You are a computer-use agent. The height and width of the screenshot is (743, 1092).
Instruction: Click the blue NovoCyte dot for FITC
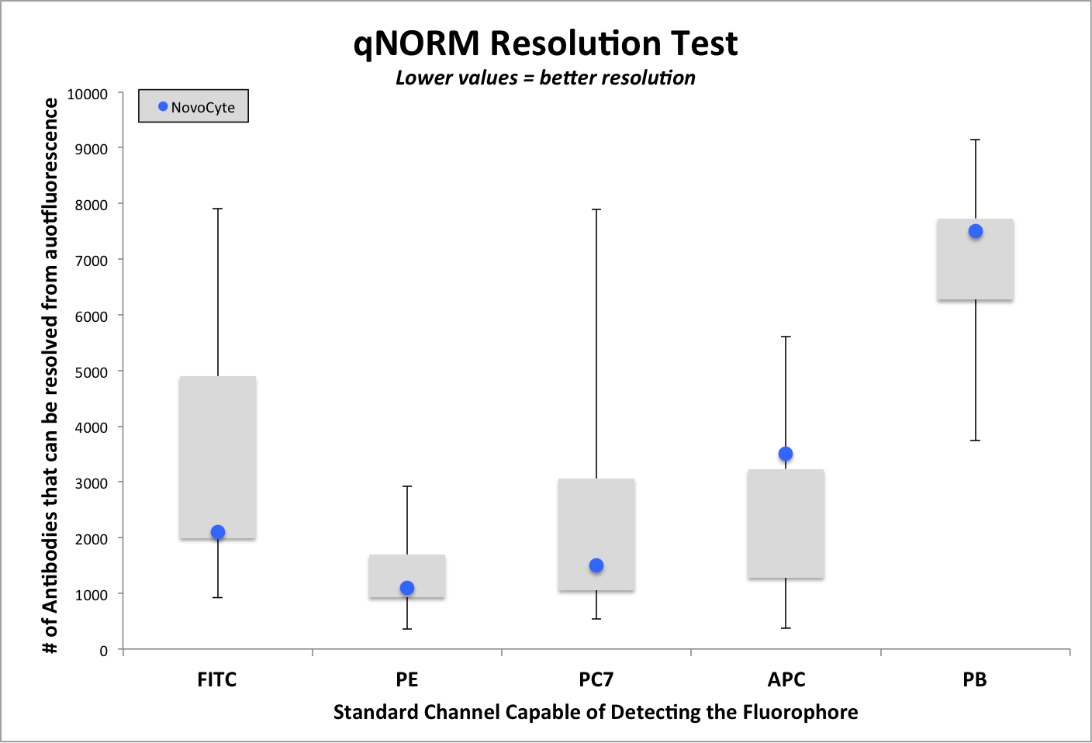click(218, 532)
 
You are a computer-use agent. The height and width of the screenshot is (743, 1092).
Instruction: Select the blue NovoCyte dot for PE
click(407, 588)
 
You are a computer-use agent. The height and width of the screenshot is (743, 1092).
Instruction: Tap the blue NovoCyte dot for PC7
click(596, 565)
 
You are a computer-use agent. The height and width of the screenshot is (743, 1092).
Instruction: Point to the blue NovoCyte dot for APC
click(786, 454)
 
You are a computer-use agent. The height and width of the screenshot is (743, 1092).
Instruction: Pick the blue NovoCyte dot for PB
click(976, 231)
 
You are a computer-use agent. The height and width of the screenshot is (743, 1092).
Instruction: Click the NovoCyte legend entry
click(194, 107)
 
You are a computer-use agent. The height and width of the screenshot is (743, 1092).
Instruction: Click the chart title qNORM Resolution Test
click(545, 43)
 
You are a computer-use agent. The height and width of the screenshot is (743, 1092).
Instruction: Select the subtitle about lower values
click(545, 78)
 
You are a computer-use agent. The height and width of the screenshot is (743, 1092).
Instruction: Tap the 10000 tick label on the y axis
click(87, 94)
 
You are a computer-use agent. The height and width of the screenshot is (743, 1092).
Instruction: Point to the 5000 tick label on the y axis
click(91, 372)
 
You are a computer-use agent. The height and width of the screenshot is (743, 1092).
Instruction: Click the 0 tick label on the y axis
click(103, 651)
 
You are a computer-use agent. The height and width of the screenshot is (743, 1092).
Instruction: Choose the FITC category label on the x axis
click(217, 679)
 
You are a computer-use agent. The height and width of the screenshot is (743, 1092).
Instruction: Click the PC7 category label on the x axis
click(596, 679)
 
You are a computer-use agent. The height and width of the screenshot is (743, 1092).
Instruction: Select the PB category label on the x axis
click(975, 679)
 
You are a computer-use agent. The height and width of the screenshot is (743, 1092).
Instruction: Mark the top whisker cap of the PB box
click(976, 140)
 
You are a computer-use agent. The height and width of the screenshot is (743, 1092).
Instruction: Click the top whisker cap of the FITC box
click(218, 209)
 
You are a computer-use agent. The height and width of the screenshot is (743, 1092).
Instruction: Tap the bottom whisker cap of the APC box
click(786, 627)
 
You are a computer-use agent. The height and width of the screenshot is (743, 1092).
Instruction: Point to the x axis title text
click(596, 712)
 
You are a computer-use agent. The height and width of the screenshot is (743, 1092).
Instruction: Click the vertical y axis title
click(50, 376)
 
